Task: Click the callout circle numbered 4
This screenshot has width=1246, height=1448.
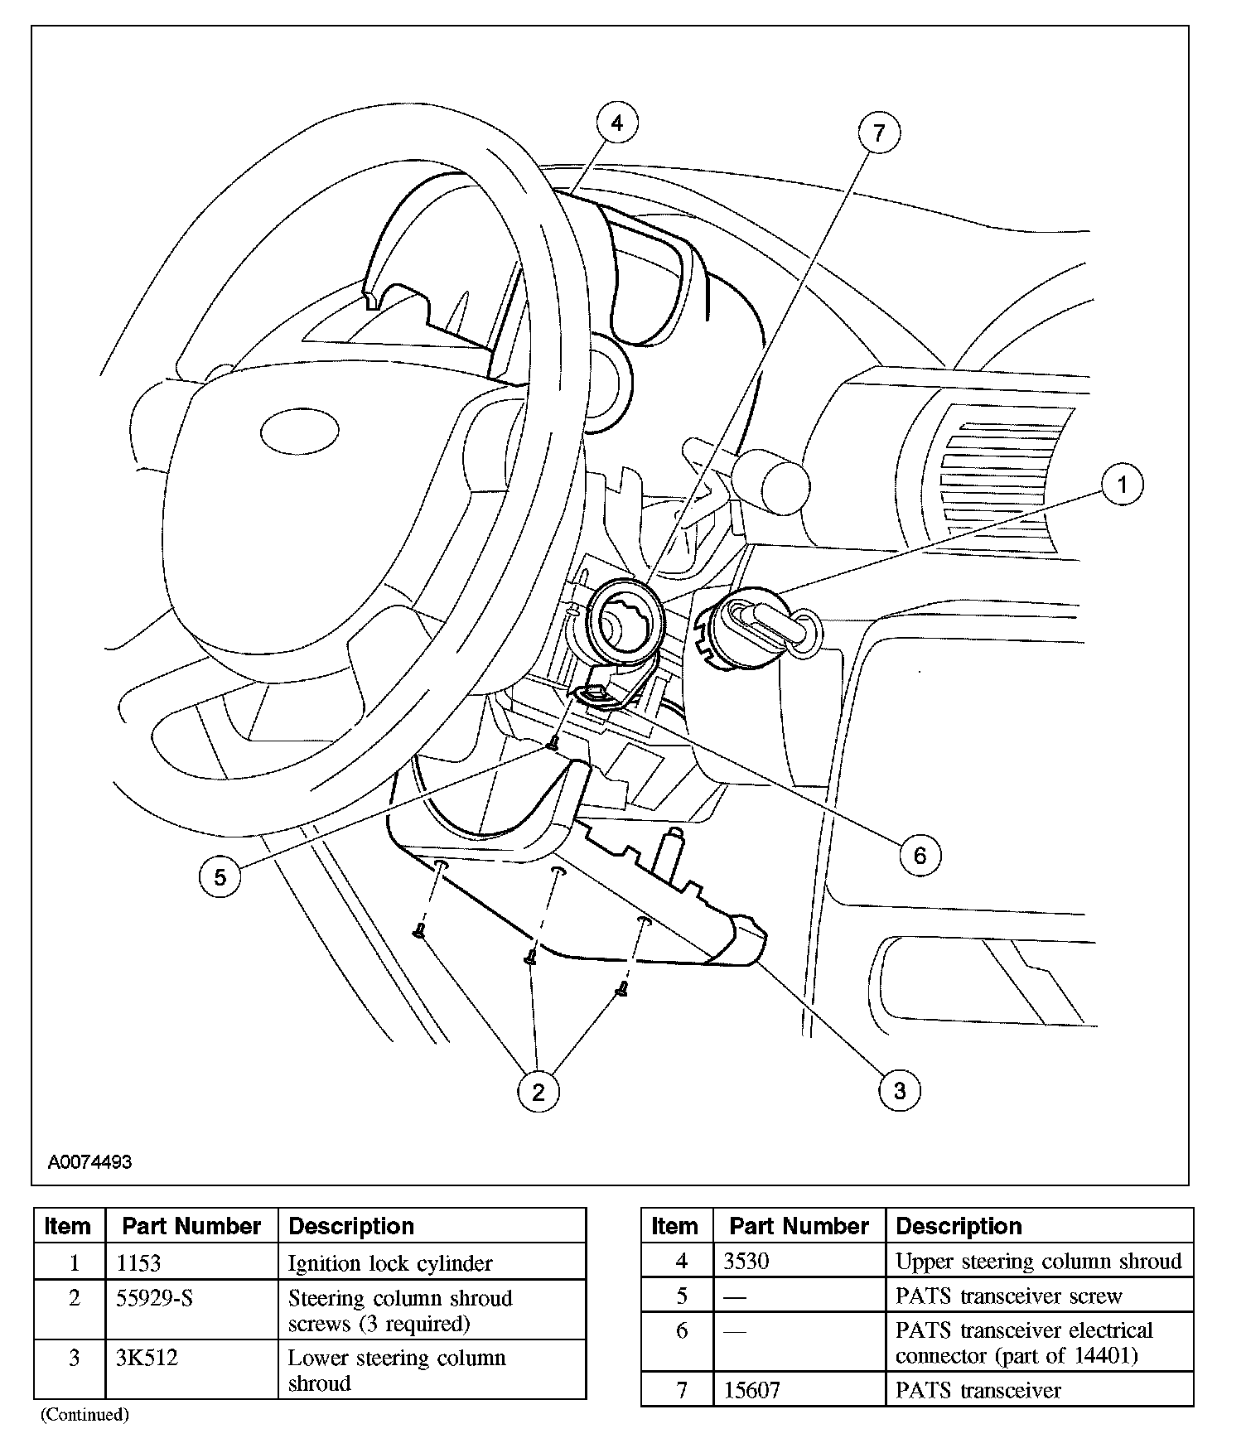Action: pyautogui.click(x=617, y=123)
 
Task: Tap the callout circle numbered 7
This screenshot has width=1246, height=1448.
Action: pyautogui.click(x=879, y=133)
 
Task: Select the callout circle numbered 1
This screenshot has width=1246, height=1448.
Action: pyautogui.click(x=1123, y=484)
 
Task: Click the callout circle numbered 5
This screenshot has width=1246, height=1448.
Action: pyautogui.click(x=220, y=876)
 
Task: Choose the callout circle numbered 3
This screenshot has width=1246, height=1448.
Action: pyautogui.click(x=900, y=1090)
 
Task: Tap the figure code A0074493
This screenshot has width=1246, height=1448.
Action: pyautogui.click(x=89, y=1161)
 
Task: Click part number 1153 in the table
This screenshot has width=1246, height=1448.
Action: pyautogui.click(x=139, y=1263)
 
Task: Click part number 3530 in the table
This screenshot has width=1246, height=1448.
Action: pyautogui.click(x=746, y=1261)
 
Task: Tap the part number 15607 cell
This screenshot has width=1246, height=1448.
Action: pyautogui.click(x=751, y=1390)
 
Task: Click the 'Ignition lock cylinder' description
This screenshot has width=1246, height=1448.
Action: pyautogui.click(x=390, y=1263)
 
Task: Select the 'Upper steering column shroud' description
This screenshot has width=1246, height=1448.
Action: pyautogui.click(x=1039, y=1261)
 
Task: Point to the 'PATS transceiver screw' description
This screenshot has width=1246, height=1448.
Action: pyautogui.click(x=1009, y=1296)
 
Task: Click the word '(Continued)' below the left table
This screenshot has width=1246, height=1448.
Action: pyautogui.click(x=85, y=1414)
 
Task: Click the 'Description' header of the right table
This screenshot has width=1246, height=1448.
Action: pyautogui.click(x=959, y=1226)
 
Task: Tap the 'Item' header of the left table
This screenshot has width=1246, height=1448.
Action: pyautogui.click(x=69, y=1226)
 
